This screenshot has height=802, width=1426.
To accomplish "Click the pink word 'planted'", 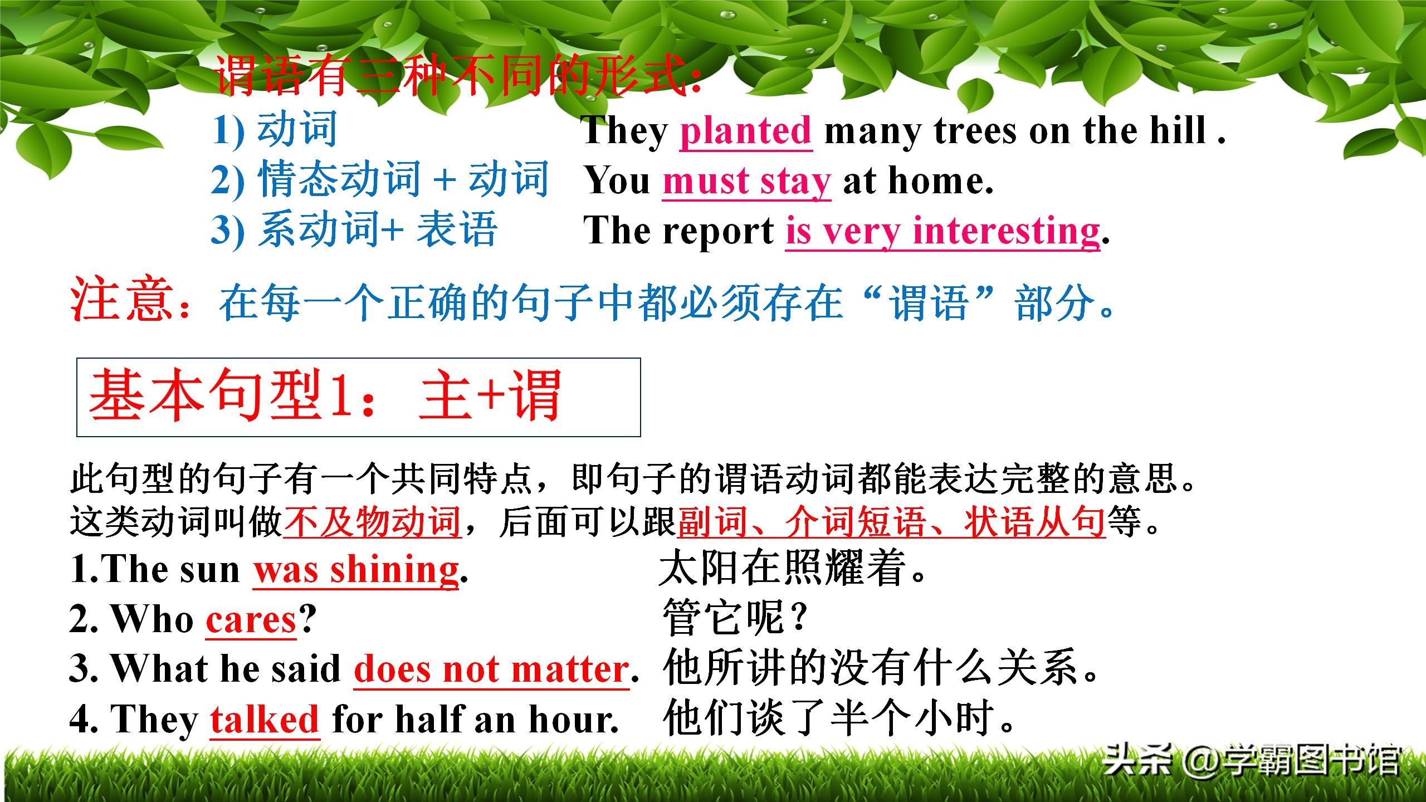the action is click(745, 131).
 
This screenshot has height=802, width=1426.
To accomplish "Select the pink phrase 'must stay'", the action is click(746, 182).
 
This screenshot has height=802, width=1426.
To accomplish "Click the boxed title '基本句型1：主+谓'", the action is click(325, 395).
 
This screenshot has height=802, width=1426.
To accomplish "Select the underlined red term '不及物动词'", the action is click(372, 521).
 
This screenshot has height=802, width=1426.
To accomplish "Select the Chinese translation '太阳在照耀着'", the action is click(782, 568).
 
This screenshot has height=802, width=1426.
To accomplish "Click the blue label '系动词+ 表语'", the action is click(378, 229).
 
